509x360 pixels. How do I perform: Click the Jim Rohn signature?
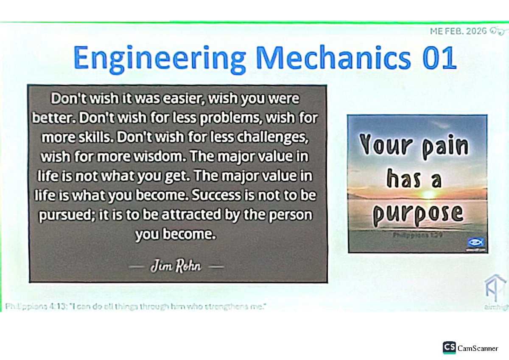pyautogui.click(x=176, y=267)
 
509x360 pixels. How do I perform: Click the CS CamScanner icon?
pyautogui.click(x=449, y=348)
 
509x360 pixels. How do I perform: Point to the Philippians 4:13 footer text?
pyautogui.click(x=136, y=307)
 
